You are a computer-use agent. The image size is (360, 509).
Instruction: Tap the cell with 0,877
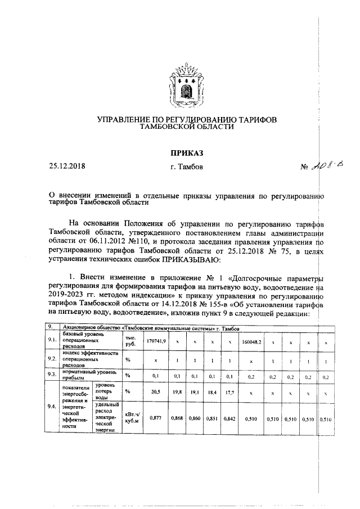(x=156, y=418)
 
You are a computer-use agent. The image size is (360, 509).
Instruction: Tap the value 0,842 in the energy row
(x=229, y=418)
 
